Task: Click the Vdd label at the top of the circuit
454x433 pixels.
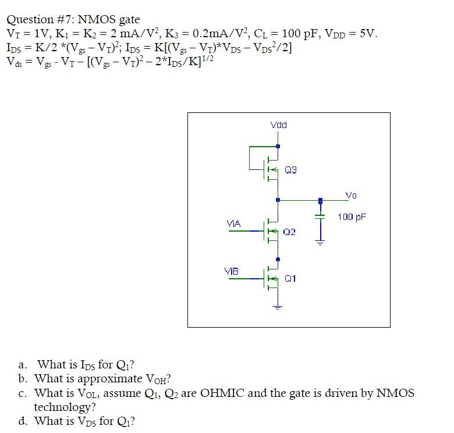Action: [279, 125]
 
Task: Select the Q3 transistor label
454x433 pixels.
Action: [291, 170]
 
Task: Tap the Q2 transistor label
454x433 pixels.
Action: [289, 232]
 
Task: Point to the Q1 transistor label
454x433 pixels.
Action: [290, 278]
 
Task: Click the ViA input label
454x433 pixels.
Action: [233, 223]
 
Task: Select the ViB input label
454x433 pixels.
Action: [231, 271]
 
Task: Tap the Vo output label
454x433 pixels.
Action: [352, 196]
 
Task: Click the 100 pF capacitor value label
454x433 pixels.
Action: [352, 217]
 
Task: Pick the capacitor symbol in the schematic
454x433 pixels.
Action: [320, 216]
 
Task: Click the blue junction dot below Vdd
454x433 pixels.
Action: [278, 146]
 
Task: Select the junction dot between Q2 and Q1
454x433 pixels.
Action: [278, 259]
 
